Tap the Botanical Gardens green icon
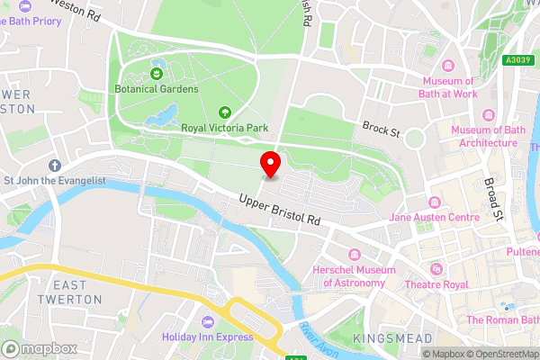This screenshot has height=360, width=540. point(157,73)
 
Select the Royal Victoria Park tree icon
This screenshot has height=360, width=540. point(225,112)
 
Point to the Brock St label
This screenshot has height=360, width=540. point(381,130)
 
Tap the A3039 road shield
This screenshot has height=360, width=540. point(515,60)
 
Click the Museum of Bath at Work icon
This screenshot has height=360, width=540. point(447,66)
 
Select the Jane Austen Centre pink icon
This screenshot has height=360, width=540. point(435,201)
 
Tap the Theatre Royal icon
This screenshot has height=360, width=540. point(436,269)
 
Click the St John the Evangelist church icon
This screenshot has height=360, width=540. point(54,166)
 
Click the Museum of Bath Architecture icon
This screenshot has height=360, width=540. point(490,115)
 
